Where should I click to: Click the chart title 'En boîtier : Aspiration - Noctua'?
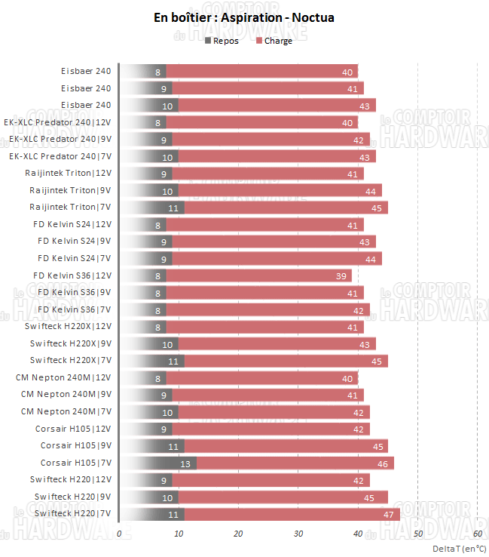[x=243, y=17]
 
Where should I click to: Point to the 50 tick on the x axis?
[x=417, y=534]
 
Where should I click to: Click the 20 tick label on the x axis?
[x=238, y=534]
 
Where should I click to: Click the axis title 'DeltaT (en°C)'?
[x=459, y=549]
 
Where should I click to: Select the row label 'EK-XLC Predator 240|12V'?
[x=57, y=122]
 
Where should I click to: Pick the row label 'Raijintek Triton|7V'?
[x=70, y=207]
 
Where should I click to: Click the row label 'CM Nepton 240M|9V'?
[x=66, y=394]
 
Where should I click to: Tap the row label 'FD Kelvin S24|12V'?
[x=74, y=224]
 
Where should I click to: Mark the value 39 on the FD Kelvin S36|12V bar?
[x=341, y=275]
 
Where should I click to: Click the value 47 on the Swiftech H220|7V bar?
[x=389, y=513]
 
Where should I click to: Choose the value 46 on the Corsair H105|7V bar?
[x=383, y=463]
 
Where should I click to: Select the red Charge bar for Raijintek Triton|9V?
[x=279, y=190]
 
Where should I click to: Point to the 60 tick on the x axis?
[x=477, y=534]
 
